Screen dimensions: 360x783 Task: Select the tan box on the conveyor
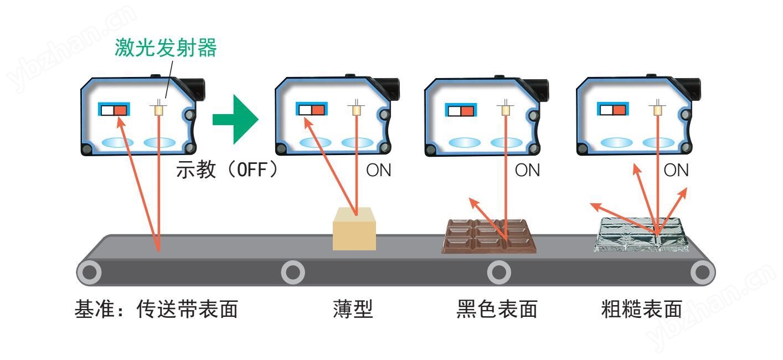tap(354, 229)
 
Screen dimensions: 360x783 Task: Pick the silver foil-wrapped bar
tap(642, 235)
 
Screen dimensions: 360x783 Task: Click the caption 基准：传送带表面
tap(156, 310)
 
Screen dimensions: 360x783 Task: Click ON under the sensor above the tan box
tap(379, 171)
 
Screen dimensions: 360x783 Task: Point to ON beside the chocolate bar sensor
tap(527, 171)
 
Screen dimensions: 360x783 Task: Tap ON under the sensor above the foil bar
tap(676, 171)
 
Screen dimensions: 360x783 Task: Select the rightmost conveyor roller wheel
tap(702, 272)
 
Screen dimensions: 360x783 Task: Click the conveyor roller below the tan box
tap(293, 272)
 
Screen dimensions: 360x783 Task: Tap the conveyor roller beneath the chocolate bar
tap(498, 272)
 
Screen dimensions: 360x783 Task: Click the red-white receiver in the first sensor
tap(114, 109)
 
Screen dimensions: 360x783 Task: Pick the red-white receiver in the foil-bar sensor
tap(612, 109)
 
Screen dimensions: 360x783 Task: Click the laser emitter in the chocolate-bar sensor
tap(505, 109)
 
